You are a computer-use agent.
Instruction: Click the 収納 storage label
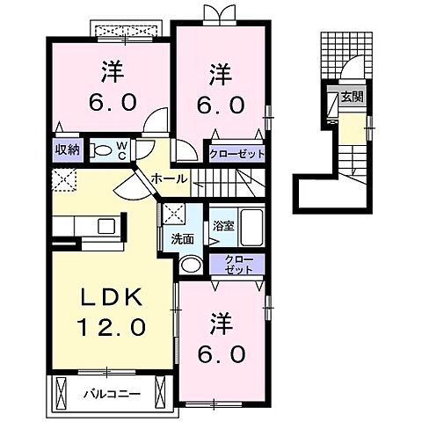[66, 149]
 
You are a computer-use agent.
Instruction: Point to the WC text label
[123, 149]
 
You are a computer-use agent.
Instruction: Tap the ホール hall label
[168, 178]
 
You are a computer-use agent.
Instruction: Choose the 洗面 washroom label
[182, 238]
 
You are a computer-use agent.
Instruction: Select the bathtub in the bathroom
[252, 229]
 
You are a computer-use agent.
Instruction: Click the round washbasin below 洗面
[188, 264]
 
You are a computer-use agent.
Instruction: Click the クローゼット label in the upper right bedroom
[236, 154]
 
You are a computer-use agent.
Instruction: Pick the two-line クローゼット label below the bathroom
[236, 266]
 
